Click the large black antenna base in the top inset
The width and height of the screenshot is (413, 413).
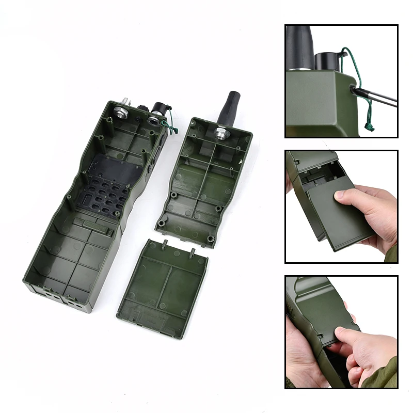(299, 46)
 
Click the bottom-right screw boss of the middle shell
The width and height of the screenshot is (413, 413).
(211, 238)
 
